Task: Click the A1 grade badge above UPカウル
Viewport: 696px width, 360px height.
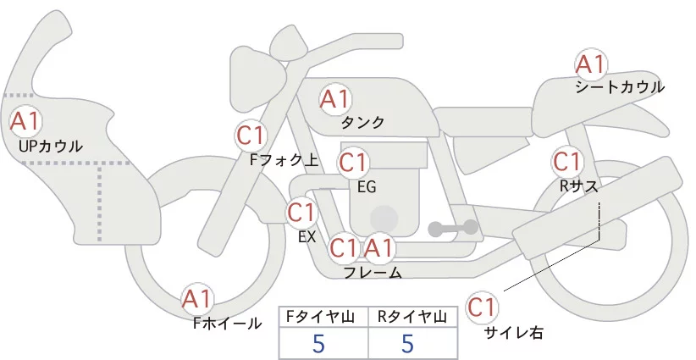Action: [x=25, y=121]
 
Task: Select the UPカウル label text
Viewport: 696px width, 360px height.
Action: [x=51, y=147]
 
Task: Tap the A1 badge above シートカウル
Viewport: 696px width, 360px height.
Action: [x=590, y=64]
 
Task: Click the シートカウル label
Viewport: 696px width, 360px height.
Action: [x=620, y=87]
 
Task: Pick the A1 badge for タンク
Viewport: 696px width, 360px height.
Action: [x=334, y=99]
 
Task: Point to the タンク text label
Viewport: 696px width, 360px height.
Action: [x=362, y=123]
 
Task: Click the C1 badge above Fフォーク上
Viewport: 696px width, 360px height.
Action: [x=251, y=135]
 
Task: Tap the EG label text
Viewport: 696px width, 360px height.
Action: [x=367, y=186]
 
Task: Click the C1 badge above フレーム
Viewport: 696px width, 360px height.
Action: [x=345, y=248]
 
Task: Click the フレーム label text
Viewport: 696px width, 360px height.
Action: [x=373, y=273]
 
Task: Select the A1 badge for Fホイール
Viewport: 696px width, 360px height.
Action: [x=198, y=299]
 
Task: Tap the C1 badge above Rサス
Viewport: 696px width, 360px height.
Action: [x=566, y=161]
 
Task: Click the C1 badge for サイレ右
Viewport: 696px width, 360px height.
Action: [x=483, y=307]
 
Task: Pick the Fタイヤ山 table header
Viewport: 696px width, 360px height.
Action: [x=323, y=316]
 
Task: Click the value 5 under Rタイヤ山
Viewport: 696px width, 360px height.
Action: [x=408, y=344]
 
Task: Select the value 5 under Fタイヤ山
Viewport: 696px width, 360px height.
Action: [x=318, y=344]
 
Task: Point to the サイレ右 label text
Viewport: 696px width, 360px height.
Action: [x=513, y=333]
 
